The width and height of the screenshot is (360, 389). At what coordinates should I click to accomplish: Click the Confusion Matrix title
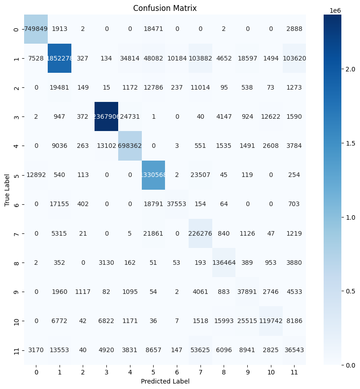pyautogui.click(x=165, y=8)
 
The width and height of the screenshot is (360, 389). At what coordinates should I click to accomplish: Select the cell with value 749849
pyautogui.click(x=36, y=29)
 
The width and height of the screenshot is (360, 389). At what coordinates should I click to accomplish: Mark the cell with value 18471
pyautogui.click(x=153, y=29)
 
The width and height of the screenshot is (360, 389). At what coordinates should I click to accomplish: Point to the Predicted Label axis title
pyautogui.click(x=165, y=381)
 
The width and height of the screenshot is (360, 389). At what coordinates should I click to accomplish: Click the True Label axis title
pyautogui.click(x=7, y=189)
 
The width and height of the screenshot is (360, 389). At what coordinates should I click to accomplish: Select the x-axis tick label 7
pyautogui.click(x=200, y=372)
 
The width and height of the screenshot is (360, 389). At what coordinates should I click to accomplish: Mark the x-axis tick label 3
pyautogui.click(x=106, y=372)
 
